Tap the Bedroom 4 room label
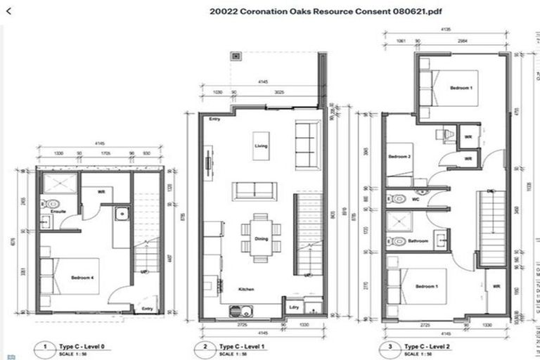click(83, 278)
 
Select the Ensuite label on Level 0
click(49, 210)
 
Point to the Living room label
click(261, 146)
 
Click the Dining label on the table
click(261, 239)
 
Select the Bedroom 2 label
click(399, 157)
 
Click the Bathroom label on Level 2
click(418, 241)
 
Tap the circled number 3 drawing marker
click(391, 347)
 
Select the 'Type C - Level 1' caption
click(242, 347)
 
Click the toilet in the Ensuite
click(53, 204)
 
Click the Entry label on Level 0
click(146, 308)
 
